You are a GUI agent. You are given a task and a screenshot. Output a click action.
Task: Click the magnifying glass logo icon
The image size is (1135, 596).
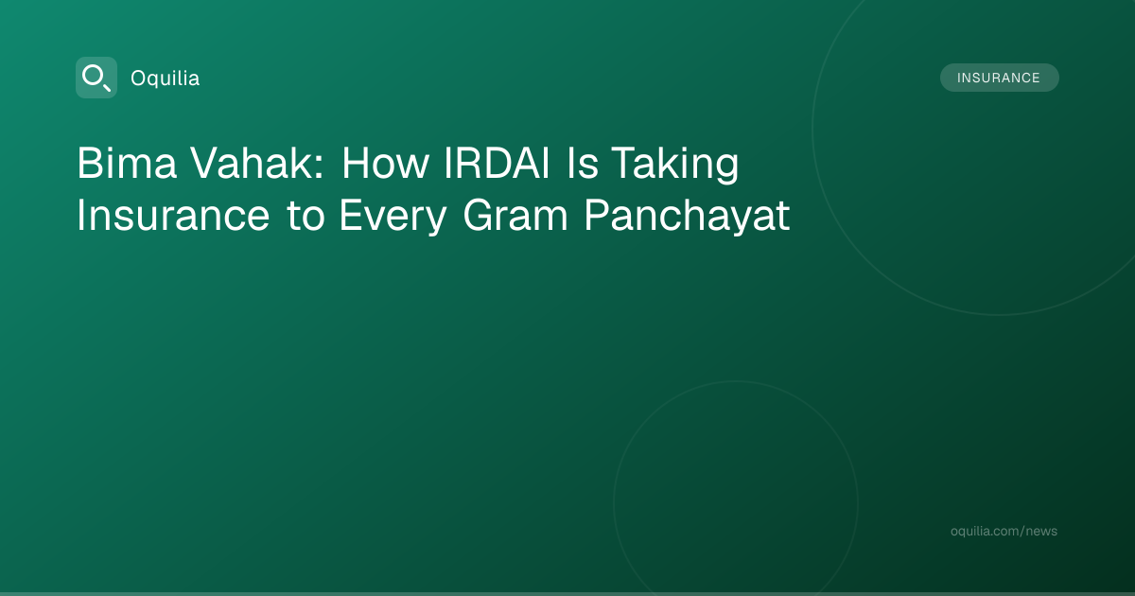(x=96, y=78)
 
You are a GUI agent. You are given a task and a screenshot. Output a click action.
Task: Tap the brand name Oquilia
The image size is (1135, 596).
(x=166, y=79)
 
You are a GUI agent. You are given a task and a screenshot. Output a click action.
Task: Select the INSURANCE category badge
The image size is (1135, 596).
(x=999, y=78)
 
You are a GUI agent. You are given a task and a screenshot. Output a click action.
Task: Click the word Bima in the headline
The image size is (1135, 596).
(x=127, y=163)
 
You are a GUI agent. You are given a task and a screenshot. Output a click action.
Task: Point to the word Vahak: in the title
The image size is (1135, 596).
(x=257, y=163)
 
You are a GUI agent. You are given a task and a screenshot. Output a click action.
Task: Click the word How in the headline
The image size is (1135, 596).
(x=385, y=163)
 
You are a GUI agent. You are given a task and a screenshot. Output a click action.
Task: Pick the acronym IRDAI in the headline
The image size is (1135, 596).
(x=497, y=163)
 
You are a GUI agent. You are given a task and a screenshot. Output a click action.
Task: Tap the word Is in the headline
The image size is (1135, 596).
(x=583, y=163)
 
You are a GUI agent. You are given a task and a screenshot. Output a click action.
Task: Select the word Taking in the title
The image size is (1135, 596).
(x=675, y=165)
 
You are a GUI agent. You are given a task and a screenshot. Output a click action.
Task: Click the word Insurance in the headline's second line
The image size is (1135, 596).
(x=173, y=215)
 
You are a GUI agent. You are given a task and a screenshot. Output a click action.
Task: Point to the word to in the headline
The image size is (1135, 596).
(x=306, y=216)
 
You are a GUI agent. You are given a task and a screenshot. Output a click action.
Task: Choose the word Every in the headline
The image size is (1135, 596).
(x=393, y=217)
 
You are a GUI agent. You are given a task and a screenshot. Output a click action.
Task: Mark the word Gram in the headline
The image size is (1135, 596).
(x=515, y=215)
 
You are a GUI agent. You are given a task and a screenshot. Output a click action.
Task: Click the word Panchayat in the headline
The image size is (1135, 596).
(x=687, y=217)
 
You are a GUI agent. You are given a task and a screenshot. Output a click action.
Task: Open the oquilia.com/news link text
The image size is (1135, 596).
(x=1004, y=531)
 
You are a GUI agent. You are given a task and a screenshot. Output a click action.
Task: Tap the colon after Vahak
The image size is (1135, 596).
(x=319, y=167)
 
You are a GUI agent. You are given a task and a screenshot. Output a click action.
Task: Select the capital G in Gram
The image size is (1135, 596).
(x=479, y=215)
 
